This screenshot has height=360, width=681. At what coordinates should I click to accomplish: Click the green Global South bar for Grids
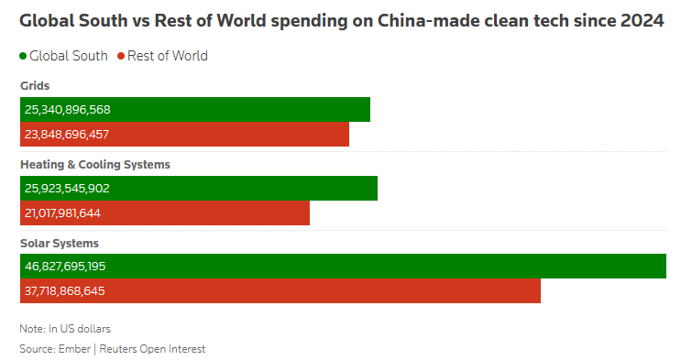(195, 109)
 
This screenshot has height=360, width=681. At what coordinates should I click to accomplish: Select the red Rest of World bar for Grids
(184, 134)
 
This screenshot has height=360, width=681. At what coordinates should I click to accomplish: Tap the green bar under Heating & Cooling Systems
(199, 188)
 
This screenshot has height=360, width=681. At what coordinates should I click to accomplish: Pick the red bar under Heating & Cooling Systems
(165, 213)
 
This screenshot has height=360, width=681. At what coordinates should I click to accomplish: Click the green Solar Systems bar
(343, 267)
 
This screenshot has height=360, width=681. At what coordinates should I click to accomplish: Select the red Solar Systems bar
(280, 291)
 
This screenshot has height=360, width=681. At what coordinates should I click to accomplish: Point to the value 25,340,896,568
(68, 109)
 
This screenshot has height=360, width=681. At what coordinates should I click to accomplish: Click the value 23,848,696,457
(67, 134)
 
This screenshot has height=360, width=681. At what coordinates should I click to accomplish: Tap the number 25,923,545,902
(67, 188)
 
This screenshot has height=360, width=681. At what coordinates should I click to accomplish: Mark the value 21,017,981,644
(62, 213)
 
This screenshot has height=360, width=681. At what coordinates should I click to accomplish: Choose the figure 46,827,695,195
(65, 267)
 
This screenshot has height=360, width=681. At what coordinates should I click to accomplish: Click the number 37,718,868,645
(65, 291)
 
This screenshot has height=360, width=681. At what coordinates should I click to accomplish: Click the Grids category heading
(35, 85)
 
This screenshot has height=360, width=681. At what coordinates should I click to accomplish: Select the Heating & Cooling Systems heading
(95, 165)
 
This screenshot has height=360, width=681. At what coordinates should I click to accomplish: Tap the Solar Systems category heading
(60, 243)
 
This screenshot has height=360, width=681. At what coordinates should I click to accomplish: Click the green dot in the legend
(23, 56)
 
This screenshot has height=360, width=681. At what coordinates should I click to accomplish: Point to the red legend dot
(121, 56)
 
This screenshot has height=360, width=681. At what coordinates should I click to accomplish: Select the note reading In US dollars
(80, 329)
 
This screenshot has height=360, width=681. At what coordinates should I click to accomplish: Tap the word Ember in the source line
(74, 349)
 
